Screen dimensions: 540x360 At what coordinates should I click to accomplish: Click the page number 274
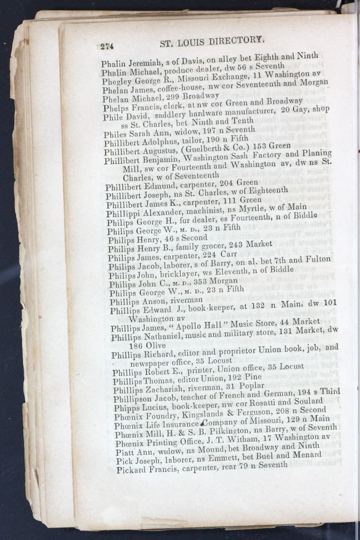coord(107,47)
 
